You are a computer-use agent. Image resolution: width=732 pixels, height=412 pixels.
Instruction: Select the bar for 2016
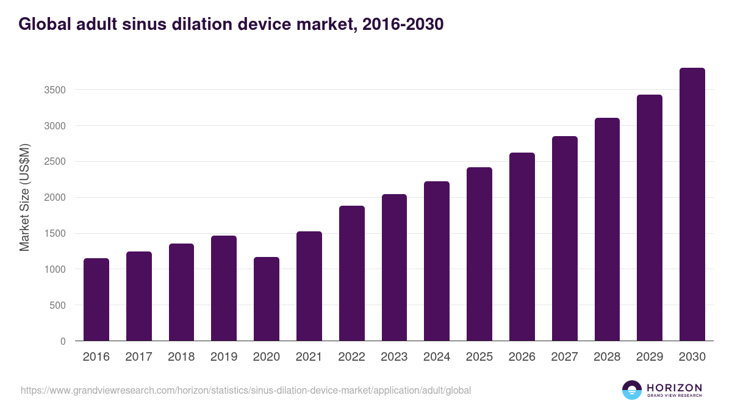(x=96, y=300)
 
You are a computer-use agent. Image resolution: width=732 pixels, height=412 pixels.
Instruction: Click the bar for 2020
(x=267, y=299)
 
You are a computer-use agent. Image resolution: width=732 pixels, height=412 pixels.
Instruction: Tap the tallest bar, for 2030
(x=692, y=204)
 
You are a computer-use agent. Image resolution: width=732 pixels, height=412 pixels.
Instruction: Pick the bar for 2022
(x=352, y=273)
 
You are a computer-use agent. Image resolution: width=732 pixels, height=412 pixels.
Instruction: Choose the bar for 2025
(x=479, y=254)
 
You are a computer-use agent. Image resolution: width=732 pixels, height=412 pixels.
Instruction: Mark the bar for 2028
(x=607, y=229)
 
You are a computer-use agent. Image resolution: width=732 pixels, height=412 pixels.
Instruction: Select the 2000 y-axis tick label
(x=55, y=198)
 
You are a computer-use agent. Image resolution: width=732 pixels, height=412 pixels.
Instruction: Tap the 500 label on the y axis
(x=58, y=305)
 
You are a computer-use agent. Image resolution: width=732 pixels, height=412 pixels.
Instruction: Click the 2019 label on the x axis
(x=224, y=357)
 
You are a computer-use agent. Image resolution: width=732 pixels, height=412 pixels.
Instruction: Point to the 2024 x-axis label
(x=437, y=357)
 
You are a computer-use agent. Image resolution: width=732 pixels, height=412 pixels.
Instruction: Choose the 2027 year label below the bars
(x=564, y=357)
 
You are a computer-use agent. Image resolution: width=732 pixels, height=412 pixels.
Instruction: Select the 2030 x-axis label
(x=692, y=357)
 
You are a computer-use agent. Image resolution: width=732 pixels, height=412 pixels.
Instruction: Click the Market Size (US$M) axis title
(x=24, y=197)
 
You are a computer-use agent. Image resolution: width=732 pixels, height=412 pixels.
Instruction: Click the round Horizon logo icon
(x=632, y=390)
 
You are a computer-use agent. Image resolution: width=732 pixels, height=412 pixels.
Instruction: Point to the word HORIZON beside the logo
(x=674, y=388)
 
